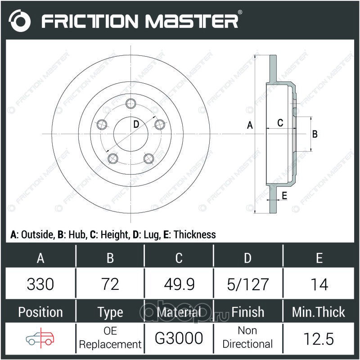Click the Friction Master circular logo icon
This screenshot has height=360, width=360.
pyautogui.click(x=19, y=21)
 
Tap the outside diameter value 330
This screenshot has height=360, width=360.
pyautogui.click(x=40, y=284)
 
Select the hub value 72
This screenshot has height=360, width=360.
pyautogui.click(x=110, y=284)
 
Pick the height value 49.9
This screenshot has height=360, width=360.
pyautogui.click(x=179, y=284)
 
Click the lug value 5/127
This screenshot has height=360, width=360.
pyautogui.click(x=248, y=284)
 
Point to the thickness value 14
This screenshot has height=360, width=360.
pyautogui.click(x=319, y=284)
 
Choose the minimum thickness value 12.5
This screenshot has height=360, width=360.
pyautogui.click(x=319, y=339)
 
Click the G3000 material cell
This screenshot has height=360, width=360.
pyautogui.click(x=179, y=338)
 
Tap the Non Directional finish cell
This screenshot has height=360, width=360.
pyautogui.click(x=247, y=337)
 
